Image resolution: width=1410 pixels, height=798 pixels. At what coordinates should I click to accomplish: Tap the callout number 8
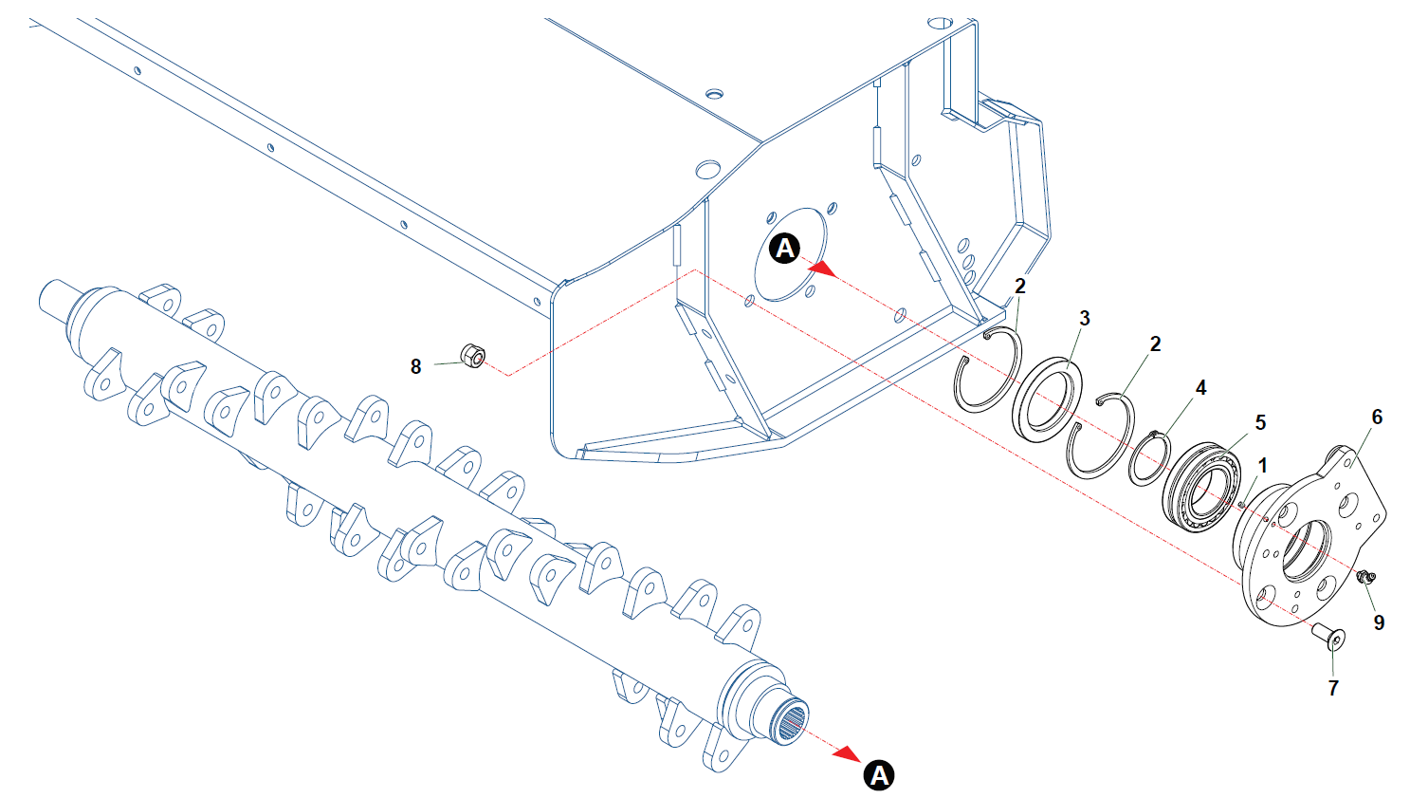pyautogui.click(x=415, y=366)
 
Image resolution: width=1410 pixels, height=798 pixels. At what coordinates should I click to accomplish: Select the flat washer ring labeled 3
pyautogui.click(x=1048, y=399)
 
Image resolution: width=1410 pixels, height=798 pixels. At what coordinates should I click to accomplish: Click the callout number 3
pyautogui.click(x=1085, y=319)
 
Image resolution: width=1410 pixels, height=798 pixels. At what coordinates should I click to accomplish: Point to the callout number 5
pyautogui.click(x=1260, y=422)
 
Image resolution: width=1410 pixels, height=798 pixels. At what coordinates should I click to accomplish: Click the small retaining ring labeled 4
pyautogui.click(x=1149, y=458)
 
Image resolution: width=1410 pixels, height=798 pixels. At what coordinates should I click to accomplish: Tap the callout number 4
pyautogui.click(x=1200, y=388)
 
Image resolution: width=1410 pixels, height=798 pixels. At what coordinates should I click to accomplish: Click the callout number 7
pyautogui.click(x=1333, y=688)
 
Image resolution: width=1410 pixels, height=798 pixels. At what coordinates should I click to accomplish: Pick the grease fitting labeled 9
pyautogui.click(x=1365, y=576)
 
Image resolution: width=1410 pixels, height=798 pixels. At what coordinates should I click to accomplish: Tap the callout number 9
pyautogui.click(x=1379, y=622)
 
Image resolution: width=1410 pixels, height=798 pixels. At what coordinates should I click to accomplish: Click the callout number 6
pyautogui.click(x=1377, y=417)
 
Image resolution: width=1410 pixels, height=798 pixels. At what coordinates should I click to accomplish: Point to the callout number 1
pyautogui.click(x=1262, y=465)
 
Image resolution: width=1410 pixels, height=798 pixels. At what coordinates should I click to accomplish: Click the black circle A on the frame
pyautogui.click(x=784, y=249)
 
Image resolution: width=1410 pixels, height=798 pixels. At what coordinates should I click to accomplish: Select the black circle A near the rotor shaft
pyautogui.click(x=880, y=775)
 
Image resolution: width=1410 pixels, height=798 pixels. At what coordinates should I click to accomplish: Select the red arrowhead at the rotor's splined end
pyautogui.click(x=846, y=753)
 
